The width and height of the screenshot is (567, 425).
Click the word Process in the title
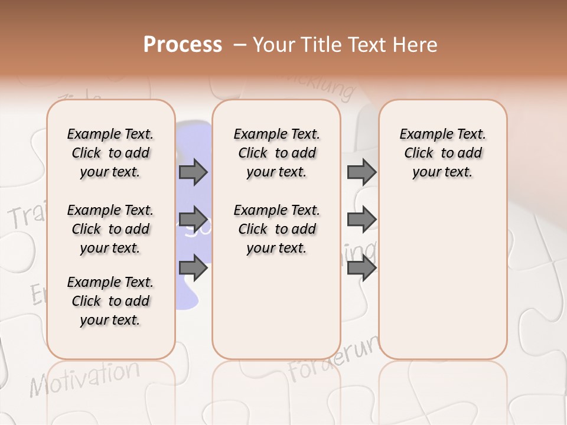click(x=183, y=45)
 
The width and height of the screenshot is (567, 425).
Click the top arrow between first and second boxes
click(x=193, y=172)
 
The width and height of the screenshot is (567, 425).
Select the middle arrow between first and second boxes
click(x=193, y=220)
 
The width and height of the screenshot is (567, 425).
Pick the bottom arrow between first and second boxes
click(x=193, y=269)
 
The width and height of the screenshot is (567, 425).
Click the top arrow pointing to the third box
click(x=361, y=172)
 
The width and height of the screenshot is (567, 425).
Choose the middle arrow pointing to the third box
click(x=361, y=220)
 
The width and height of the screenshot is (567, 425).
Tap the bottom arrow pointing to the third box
click(x=361, y=269)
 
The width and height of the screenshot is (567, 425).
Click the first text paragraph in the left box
click(x=110, y=153)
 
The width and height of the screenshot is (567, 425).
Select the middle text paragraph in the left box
click(x=110, y=229)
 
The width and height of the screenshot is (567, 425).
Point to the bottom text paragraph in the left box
click(x=110, y=301)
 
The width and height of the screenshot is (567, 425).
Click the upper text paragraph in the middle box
click(x=276, y=153)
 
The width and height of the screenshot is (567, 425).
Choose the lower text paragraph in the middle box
click(x=276, y=229)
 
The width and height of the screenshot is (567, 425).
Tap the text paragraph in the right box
click(x=443, y=153)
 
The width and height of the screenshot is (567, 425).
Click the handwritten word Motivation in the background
click(x=86, y=377)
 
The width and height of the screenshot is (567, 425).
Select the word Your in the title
click(x=273, y=45)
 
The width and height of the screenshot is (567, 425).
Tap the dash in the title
click(x=240, y=45)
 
